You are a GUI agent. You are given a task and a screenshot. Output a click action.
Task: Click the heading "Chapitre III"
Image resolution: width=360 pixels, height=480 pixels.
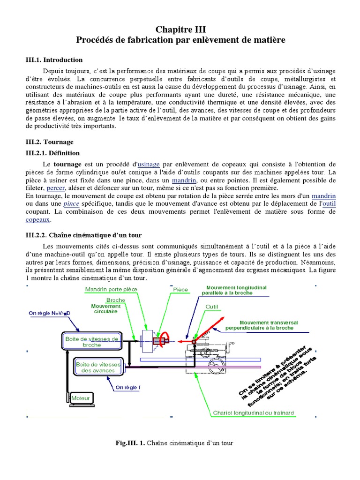click(x=180, y=30)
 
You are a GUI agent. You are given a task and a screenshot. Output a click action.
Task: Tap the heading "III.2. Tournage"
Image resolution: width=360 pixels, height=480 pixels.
click(x=49, y=142)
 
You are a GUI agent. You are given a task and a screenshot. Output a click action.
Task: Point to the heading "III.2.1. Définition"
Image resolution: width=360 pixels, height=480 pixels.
click(x=52, y=153)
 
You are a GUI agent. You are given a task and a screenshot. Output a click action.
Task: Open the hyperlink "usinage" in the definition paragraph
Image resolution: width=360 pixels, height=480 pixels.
click(x=149, y=164)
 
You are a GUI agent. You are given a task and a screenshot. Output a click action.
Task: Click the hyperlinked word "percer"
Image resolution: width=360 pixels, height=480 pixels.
click(x=55, y=188)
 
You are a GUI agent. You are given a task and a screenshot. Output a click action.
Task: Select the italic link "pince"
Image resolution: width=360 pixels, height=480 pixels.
click(x=71, y=204)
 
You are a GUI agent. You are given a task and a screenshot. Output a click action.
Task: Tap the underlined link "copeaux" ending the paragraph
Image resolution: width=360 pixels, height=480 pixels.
click(x=37, y=219)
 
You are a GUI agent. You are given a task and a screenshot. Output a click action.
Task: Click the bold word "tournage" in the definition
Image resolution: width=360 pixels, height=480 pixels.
click(x=67, y=164)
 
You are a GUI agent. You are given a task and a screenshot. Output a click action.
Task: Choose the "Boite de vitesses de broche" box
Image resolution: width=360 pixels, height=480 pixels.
click(x=91, y=341)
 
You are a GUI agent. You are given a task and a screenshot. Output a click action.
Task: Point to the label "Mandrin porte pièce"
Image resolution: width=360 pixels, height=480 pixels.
click(x=111, y=289)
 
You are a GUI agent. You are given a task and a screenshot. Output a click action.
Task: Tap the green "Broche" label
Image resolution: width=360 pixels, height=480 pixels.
click(x=115, y=300)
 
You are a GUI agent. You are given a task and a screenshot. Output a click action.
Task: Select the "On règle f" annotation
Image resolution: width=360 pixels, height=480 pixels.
click(x=127, y=388)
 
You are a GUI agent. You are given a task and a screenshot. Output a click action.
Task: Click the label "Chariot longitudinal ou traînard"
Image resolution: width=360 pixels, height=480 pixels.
click(x=254, y=413)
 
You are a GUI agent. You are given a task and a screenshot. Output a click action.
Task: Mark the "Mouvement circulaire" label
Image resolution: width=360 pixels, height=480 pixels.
click(x=105, y=308)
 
